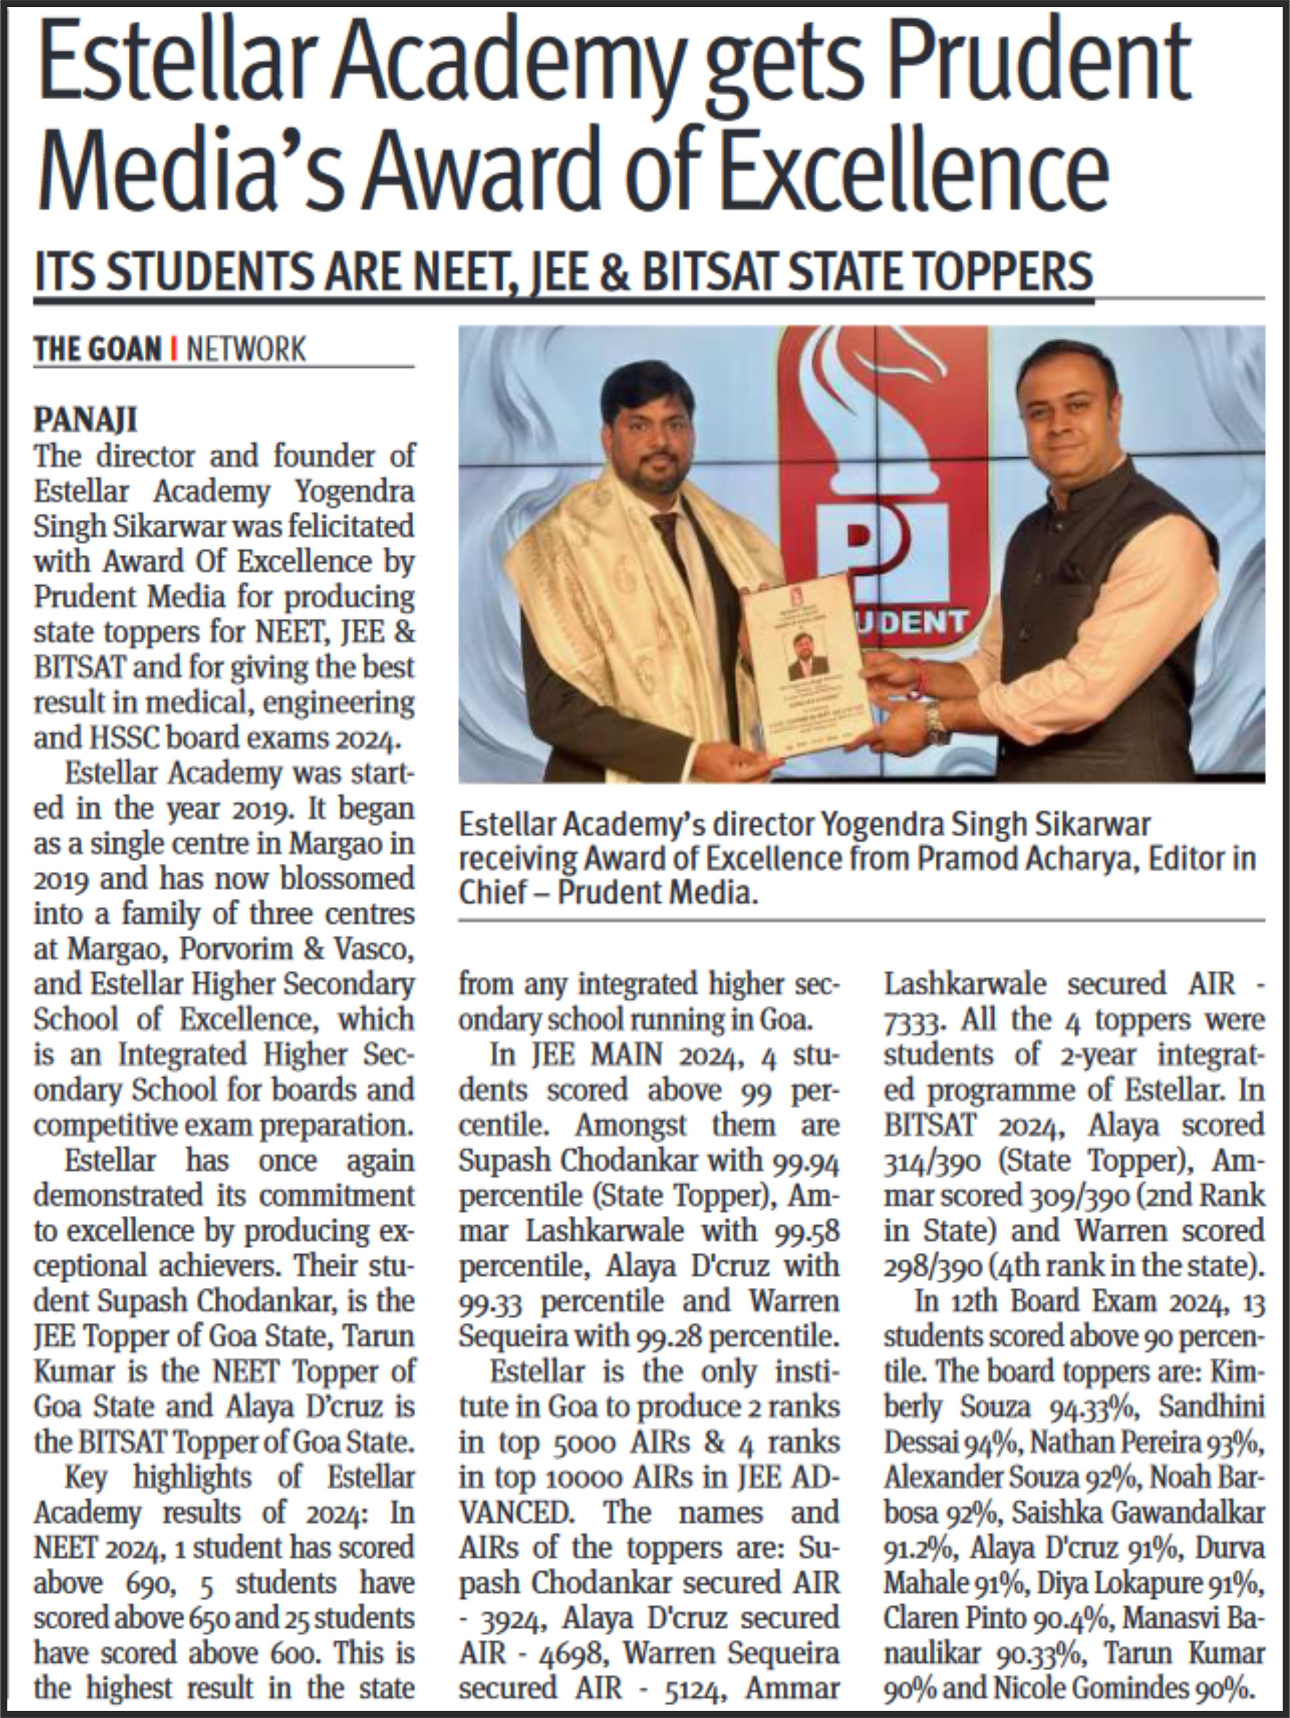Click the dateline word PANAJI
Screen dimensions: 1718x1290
[85, 420]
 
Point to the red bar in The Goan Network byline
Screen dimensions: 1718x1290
[173, 349]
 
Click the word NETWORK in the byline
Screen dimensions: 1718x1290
[246, 349]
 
